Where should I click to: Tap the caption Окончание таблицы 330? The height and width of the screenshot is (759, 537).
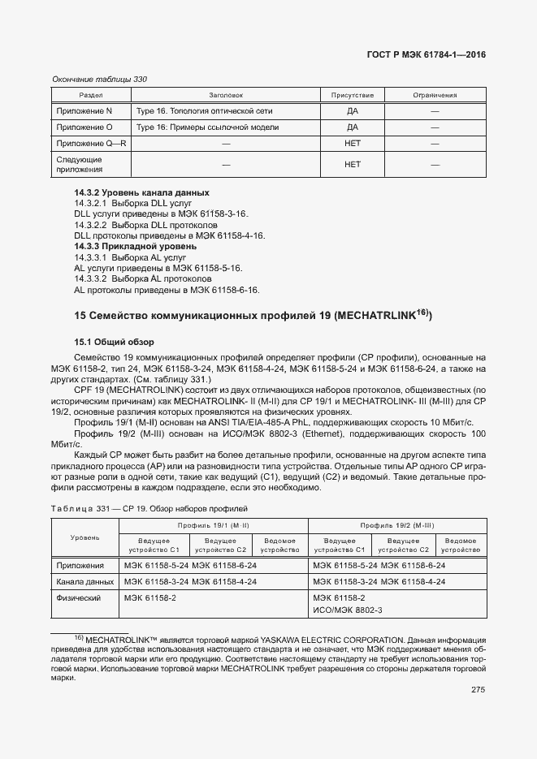[99, 79]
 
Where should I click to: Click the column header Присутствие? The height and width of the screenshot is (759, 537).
[352, 95]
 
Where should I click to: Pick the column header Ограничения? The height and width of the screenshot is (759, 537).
[435, 95]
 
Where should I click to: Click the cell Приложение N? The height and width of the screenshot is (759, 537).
[84, 110]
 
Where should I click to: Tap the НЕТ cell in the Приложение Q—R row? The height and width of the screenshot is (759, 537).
[352, 144]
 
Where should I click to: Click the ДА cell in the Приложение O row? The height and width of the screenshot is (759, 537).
[352, 127]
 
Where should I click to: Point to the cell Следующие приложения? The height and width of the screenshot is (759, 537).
[79, 165]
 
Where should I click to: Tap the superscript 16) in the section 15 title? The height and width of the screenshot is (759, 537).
[420, 310]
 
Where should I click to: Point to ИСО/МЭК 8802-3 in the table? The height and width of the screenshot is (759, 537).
[347, 610]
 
